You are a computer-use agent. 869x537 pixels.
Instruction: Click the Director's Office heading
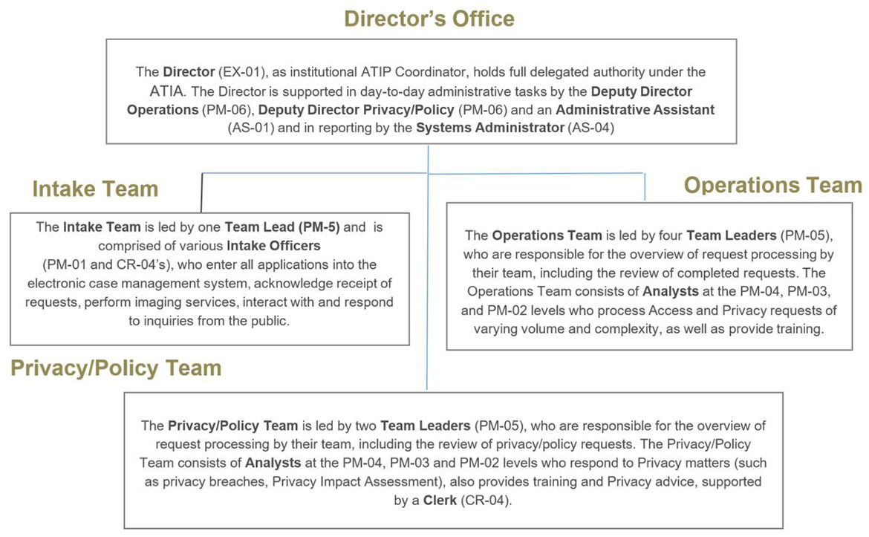pos(429,18)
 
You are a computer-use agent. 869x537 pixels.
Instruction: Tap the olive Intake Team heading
pos(95,189)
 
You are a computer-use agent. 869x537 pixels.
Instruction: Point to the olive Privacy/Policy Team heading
pos(116,368)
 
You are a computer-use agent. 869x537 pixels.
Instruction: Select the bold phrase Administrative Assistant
pos(635,110)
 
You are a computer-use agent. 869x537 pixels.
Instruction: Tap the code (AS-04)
pos(590,128)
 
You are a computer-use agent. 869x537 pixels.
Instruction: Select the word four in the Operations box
pos(669,235)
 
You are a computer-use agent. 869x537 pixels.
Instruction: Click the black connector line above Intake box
pos(201,193)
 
